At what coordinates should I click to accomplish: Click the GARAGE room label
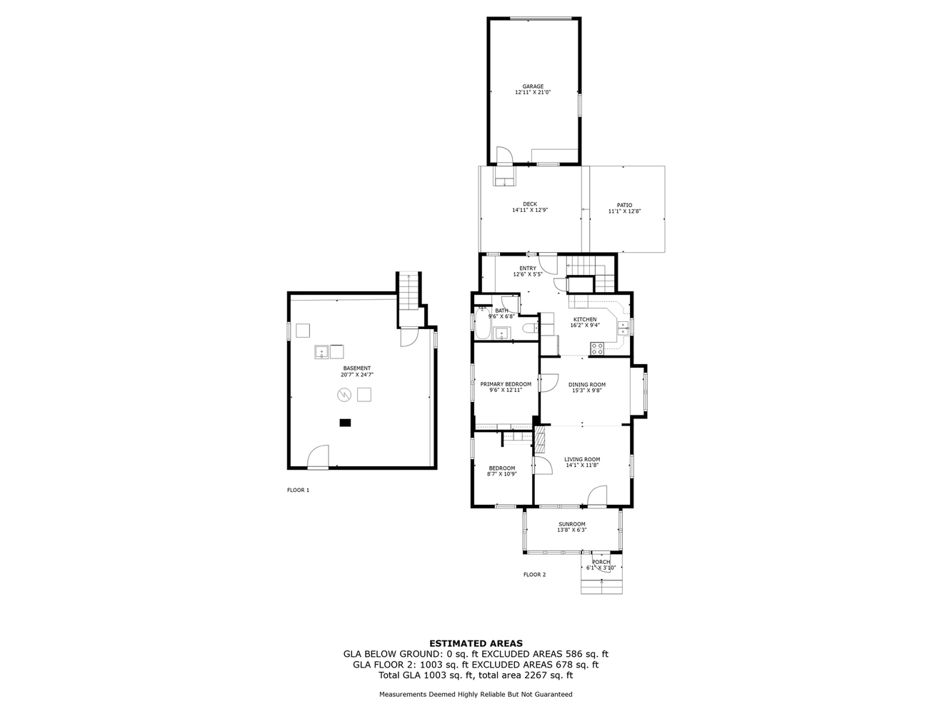point(533,86)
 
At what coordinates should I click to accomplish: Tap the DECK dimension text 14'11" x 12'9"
point(530,211)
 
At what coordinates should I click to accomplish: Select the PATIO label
point(624,205)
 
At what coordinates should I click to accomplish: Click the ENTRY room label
point(528,268)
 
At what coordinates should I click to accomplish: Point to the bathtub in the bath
point(483,325)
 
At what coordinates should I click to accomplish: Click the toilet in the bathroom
point(529,328)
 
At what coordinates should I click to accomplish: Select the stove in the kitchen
point(597,348)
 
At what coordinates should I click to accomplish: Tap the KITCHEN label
point(585,319)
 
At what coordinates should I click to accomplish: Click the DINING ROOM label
point(586,385)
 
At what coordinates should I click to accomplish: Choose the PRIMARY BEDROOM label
point(506,384)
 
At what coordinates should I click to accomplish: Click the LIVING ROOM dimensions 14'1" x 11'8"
point(582,466)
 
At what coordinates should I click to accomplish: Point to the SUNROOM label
point(571,524)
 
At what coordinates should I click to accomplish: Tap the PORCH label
point(601,562)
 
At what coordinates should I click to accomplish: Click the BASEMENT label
point(357,368)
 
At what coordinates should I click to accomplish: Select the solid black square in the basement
point(346,423)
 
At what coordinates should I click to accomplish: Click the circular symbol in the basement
point(344,394)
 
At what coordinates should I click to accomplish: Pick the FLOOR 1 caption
point(298,491)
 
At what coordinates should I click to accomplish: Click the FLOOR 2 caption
point(534,575)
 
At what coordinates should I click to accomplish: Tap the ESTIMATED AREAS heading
point(476,643)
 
